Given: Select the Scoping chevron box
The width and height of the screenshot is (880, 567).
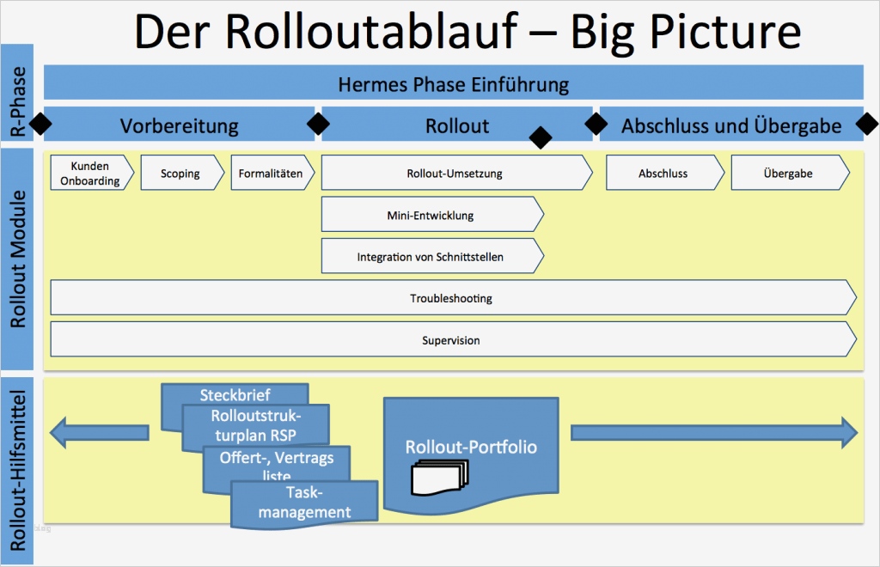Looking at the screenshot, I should [180, 173].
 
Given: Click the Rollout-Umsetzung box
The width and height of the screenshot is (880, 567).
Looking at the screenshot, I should [455, 173].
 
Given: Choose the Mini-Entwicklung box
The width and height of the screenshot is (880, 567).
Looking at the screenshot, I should [431, 215].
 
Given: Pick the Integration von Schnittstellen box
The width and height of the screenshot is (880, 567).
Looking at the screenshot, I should [431, 256].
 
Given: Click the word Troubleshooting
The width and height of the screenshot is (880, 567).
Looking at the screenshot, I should [450, 298].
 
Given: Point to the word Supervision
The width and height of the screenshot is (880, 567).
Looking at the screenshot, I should [450, 340].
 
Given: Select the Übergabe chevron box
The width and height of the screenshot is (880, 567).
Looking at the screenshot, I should [788, 173].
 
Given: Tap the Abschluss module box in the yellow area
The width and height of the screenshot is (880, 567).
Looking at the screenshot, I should [663, 173].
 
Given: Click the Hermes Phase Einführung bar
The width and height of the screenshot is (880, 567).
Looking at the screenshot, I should [453, 84].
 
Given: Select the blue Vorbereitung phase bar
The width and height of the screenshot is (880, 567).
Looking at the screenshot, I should [179, 125].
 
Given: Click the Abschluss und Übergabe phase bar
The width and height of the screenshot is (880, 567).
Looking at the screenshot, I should [730, 125].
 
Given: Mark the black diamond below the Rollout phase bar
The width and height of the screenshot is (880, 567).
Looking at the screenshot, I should [541, 137].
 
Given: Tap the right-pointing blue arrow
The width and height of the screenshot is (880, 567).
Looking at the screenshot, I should [713, 432].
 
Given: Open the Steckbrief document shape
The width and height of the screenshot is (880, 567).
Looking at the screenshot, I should [235, 395].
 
